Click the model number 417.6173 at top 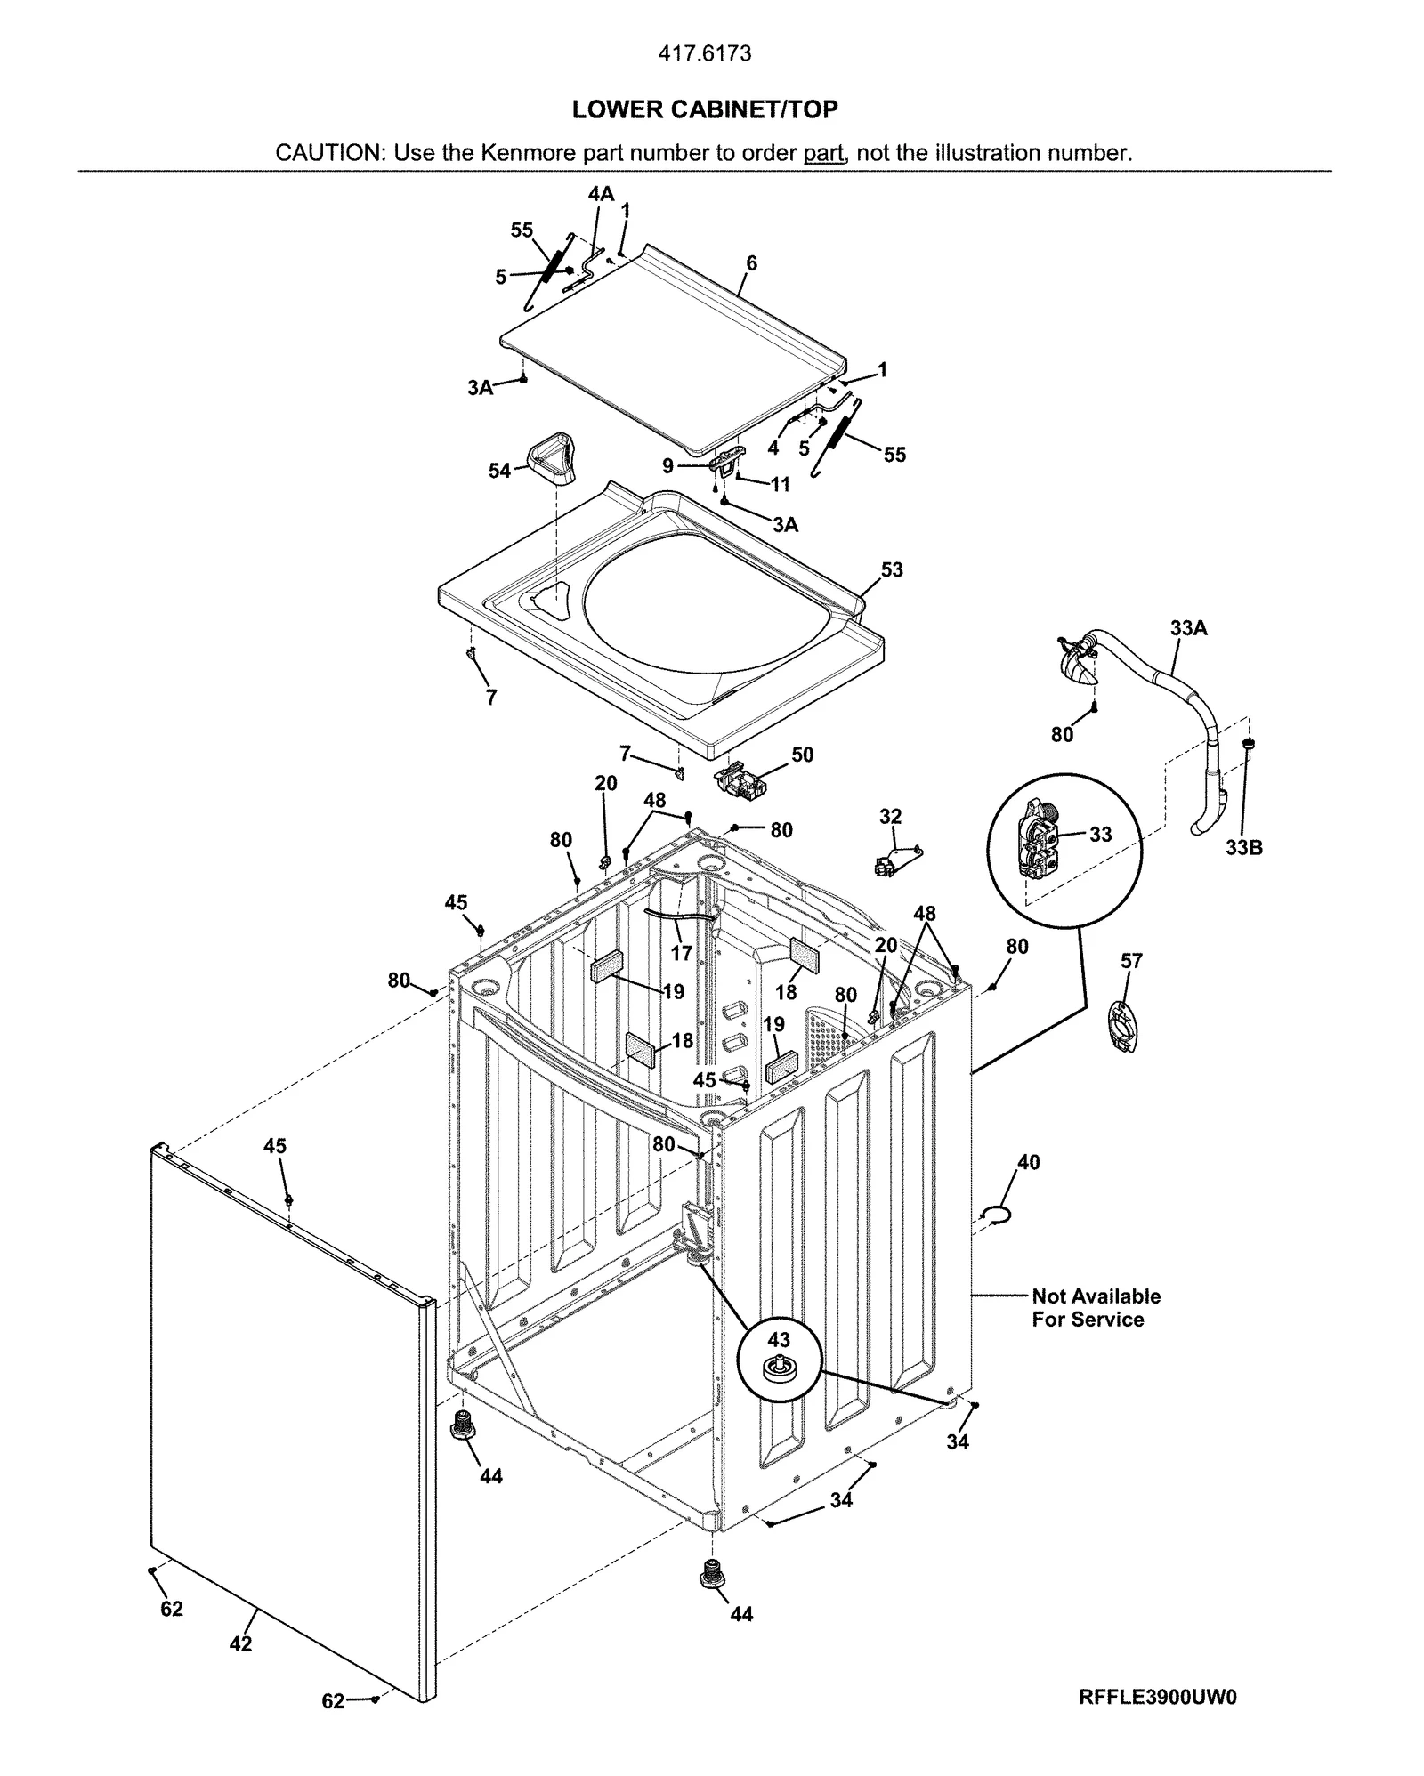(x=704, y=53)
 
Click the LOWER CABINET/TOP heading (x=704, y=109)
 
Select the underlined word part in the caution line (x=822, y=153)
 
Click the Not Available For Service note (x=1096, y=1307)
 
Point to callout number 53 (x=891, y=569)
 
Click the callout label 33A (x=1188, y=628)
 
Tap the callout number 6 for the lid (x=751, y=263)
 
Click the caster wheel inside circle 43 (x=778, y=1371)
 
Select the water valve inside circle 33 (x=1043, y=841)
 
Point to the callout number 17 (x=681, y=953)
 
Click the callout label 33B (x=1243, y=848)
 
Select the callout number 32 (x=890, y=816)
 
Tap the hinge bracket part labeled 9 (x=726, y=463)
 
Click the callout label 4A (x=601, y=194)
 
